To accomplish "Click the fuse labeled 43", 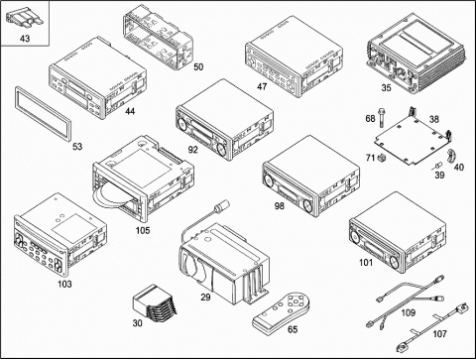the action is (25, 18).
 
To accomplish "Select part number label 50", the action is (198, 67).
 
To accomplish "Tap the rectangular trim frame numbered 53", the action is (43, 115).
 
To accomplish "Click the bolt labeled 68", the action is (382, 117).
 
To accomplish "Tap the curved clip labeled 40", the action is (451, 156).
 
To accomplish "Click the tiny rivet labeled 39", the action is (438, 165).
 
